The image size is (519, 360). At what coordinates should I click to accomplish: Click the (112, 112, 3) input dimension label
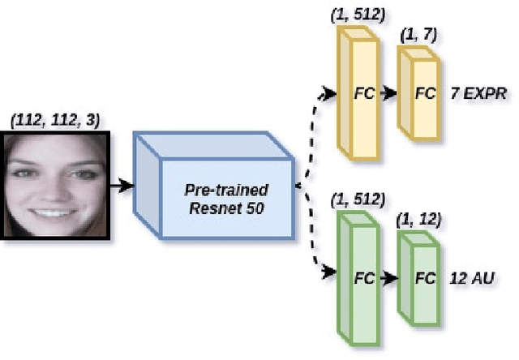pyautogui.click(x=56, y=120)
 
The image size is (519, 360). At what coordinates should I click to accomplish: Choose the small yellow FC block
pyautogui.click(x=417, y=92)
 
